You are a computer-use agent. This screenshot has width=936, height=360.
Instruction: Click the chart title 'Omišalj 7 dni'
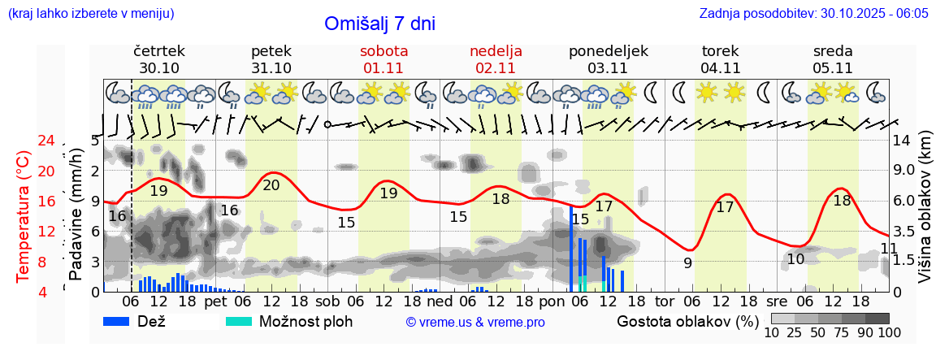coord(379,24)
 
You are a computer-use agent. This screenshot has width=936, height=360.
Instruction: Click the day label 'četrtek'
coord(159,50)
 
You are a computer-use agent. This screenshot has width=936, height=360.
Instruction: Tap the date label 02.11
coord(496,68)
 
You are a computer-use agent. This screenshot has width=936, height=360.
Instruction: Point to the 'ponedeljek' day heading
coord(609,50)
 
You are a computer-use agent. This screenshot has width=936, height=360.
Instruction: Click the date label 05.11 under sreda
coord(833,68)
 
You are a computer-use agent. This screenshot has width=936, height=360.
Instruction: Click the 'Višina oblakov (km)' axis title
coord(925,216)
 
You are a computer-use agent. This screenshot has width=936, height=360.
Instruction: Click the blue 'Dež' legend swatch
coord(122,320)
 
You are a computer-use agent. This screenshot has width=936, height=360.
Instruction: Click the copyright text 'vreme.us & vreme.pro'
coord(475,323)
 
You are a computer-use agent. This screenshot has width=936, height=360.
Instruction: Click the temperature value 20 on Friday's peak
coord(271,185)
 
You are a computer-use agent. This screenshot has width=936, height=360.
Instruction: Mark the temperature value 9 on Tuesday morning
coord(687,262)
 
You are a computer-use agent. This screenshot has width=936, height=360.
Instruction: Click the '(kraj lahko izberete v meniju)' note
coord(91,14)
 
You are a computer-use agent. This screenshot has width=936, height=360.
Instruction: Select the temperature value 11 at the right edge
coord(889,248)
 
